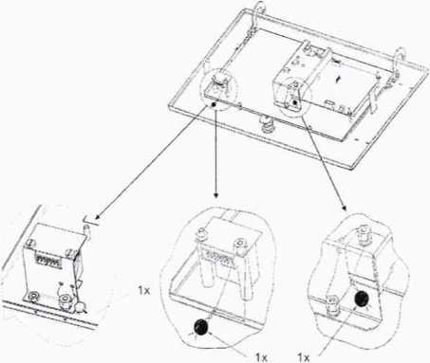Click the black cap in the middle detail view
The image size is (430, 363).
point(200,327)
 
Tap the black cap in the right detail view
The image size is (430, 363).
point(361,299)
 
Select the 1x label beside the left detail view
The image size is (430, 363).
point(143,290)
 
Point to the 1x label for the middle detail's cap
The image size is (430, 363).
point(261,357)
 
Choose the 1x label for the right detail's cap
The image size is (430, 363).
point(304,357)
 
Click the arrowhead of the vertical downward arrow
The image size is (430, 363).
point(215,195)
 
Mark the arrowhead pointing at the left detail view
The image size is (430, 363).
point(98,216)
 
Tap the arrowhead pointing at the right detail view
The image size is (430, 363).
point(344,208)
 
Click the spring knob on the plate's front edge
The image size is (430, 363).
point(267,126)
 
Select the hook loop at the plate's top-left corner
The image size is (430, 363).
point(260,7)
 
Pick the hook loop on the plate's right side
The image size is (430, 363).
point(401,54)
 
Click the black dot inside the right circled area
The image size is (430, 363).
point(294,102)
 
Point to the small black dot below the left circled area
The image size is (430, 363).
point(214,103)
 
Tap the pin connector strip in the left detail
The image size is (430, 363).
point(49,262)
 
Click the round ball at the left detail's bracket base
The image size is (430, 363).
point(82,306)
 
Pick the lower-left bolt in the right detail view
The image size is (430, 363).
point(332,301)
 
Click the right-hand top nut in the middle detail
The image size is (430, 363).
point(240,244)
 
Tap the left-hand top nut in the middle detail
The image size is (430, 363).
point(200,233)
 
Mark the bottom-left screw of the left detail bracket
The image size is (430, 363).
point(32,297)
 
